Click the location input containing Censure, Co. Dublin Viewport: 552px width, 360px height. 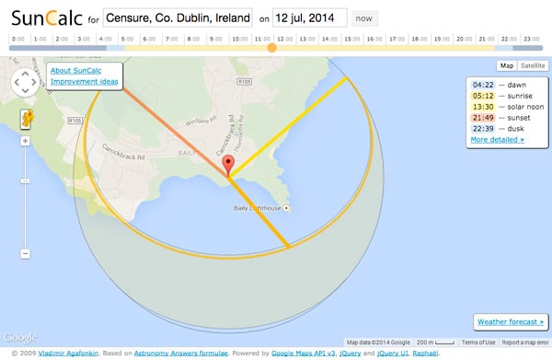click(x=179, y=17)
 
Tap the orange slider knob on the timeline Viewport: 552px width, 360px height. click(x=270, y=47)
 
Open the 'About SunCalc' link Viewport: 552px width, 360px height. click(x=78, y=71)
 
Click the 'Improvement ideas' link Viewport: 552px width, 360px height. click(x=84, y=82)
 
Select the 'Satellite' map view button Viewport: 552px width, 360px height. click(x=533, y=65)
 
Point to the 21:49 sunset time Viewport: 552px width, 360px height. click(x=483, y=117)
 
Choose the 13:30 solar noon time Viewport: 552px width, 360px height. click(x=483, y=106)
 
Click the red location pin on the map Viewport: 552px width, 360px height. click(x=228, y=166)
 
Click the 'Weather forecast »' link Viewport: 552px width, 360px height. click(x=511, y=321)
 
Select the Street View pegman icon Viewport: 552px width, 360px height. click(x=25, y=117)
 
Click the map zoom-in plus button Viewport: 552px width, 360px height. click(x=25, y=141)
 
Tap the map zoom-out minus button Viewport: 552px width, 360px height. click(x=25, y=253)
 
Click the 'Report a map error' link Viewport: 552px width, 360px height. click(x=525, y=342)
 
